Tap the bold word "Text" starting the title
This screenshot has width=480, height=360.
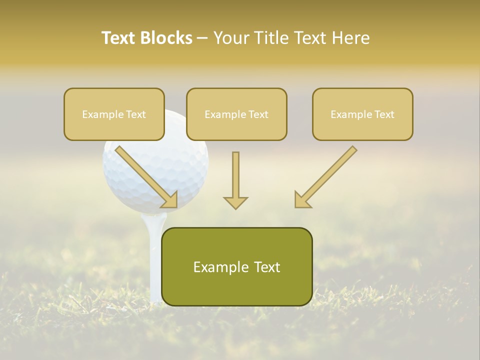120,38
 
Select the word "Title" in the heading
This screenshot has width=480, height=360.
274,38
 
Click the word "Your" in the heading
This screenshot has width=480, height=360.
231,38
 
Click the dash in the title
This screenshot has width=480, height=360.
202,38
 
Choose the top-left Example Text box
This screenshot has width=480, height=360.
114,114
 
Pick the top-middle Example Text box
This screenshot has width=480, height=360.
236,114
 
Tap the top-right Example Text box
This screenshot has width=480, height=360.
362,114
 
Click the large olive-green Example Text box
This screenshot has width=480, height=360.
236,266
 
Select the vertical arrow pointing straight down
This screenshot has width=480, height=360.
235,180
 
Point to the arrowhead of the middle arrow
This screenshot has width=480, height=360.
235,202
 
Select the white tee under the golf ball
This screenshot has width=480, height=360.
155,260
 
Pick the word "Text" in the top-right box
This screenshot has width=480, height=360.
384,114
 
